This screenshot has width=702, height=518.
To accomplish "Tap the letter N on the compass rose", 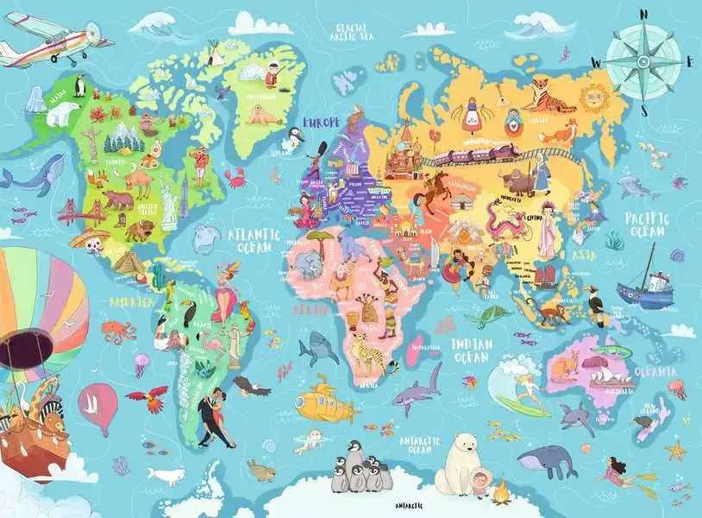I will (x=644, y=13).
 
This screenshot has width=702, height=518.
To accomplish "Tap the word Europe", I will (x=320, y=122).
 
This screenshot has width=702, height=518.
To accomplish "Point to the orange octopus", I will (x=117, y=331).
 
